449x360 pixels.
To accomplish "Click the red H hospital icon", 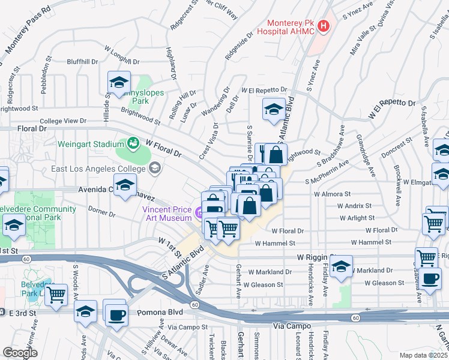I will pos(324,26).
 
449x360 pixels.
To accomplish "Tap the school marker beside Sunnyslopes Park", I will pos(119,82).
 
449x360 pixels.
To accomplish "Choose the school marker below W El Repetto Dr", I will pos(274,109).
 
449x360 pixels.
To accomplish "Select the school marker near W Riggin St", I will pos(341,266).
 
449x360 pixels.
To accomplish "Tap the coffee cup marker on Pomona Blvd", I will pos(115,313).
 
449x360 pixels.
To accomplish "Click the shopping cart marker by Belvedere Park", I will pos(56,295).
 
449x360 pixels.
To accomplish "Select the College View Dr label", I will pos(63,121).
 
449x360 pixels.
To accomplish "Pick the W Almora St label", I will pos(332,194).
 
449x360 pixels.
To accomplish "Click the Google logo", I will pos(20,353).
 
